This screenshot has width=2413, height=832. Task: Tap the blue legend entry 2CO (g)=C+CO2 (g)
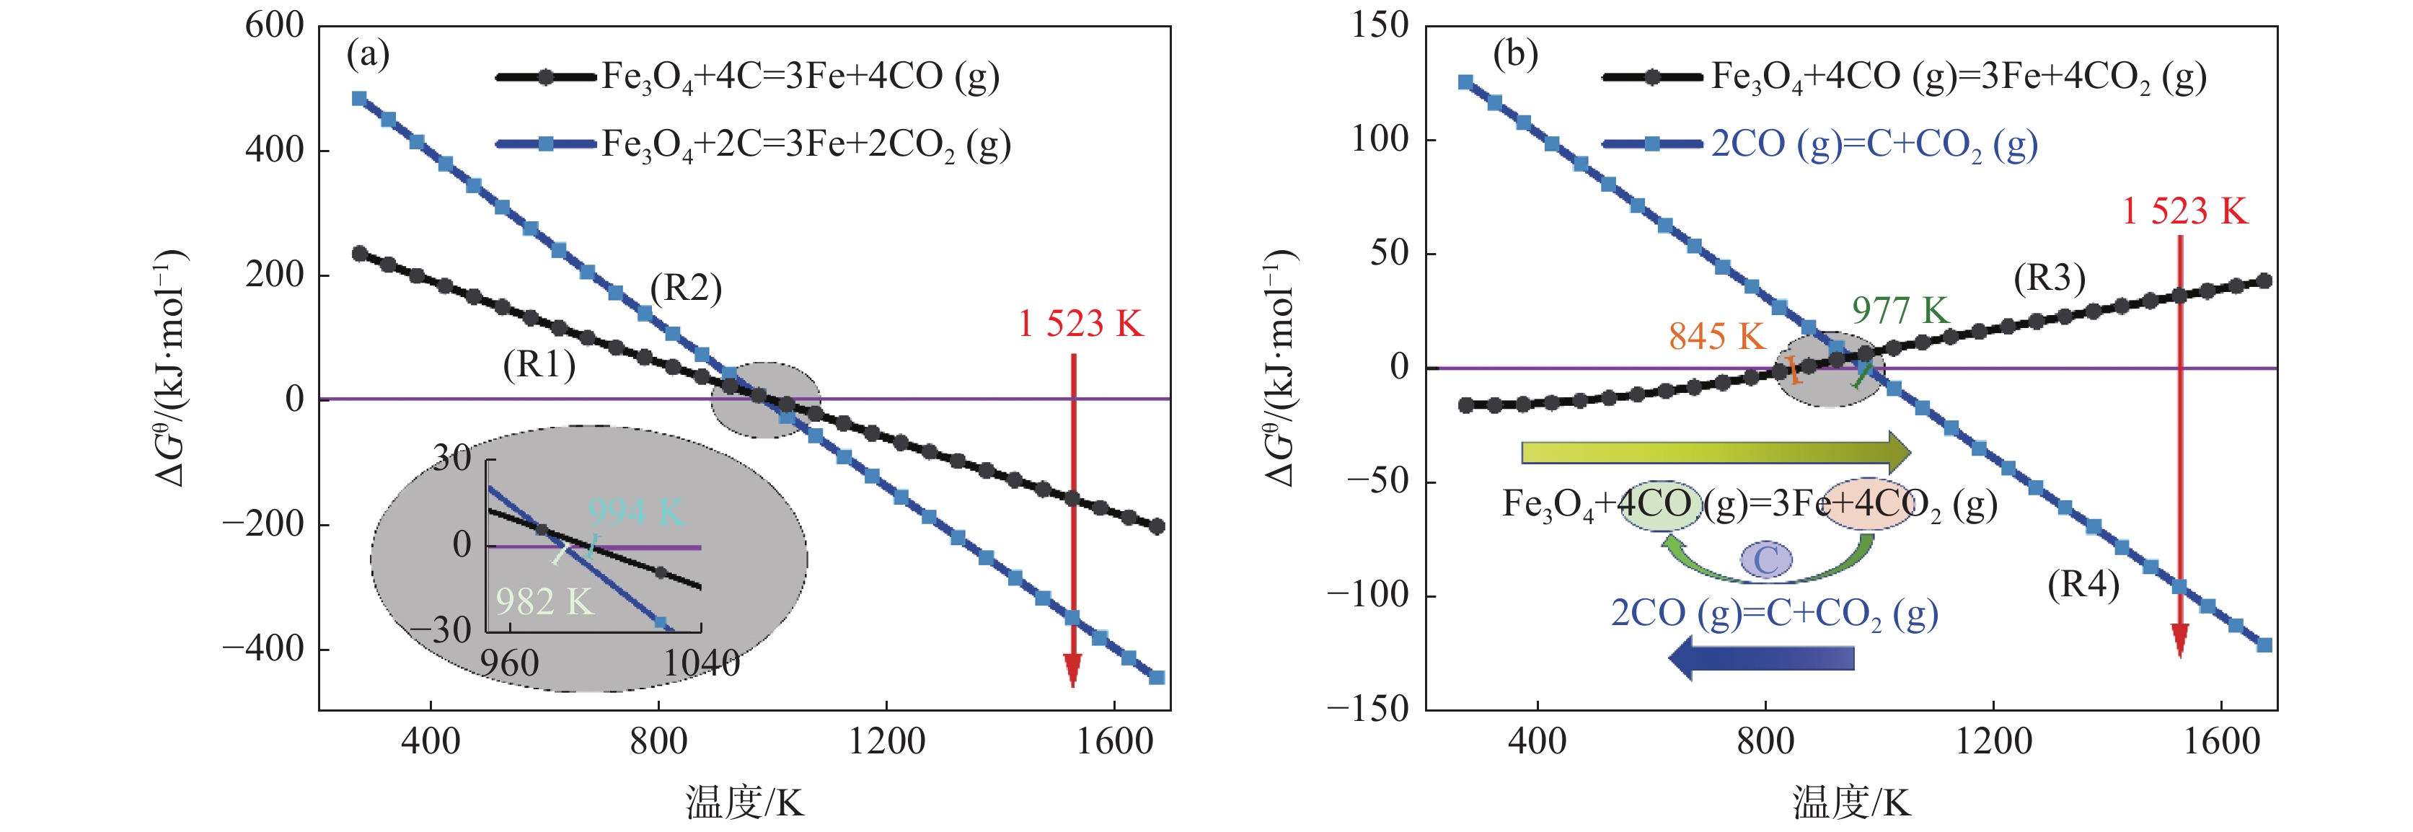tap(1874, 145)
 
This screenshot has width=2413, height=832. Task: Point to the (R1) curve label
tap(539, 365)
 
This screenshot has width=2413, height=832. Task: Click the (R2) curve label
tap(686, 288)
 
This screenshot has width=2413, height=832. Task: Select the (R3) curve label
tap(2049, 278)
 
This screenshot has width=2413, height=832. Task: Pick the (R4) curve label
tap(2082, 585)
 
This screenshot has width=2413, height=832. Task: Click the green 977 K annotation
tap(1899, 310)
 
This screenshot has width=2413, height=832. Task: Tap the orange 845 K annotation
tap(1716, 337)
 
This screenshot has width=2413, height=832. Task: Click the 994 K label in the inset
tap(636, 512)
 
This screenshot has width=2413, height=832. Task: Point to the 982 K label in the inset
tap(544, 601)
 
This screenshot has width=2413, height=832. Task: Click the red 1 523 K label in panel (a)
tap(1080, 324)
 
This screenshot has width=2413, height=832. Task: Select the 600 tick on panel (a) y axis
tap(275, 25)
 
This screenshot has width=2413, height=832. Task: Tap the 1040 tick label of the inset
tap(702, 663)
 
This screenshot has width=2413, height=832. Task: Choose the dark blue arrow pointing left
tap(1761, 658)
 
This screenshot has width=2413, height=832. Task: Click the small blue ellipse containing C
tap(1765, 560)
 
